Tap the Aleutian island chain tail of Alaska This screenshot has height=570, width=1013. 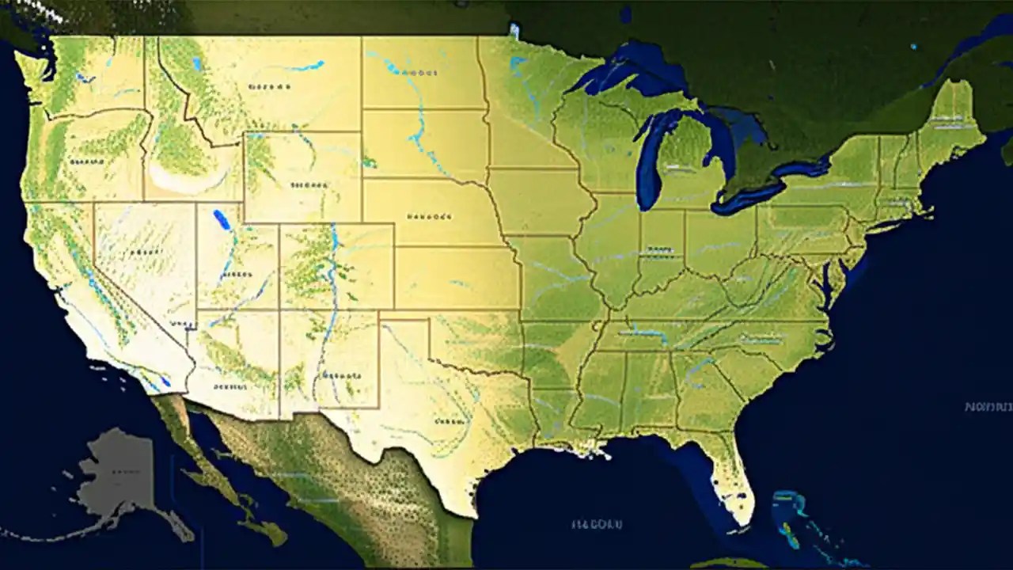47,532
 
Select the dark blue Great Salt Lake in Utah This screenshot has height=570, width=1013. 222,219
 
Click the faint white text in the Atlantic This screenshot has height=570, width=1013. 988,407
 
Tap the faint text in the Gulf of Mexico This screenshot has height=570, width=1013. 597,524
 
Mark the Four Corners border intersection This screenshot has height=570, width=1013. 279,310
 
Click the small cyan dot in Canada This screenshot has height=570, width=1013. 914,47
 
